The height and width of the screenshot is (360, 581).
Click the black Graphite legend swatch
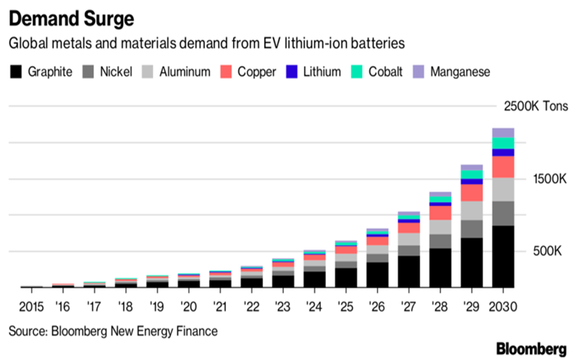16,72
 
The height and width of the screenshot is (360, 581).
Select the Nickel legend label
116,72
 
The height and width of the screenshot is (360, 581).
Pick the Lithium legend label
322,72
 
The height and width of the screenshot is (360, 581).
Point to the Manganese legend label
460,72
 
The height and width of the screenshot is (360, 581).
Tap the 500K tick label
546,251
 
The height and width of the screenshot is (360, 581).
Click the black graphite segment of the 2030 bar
503,257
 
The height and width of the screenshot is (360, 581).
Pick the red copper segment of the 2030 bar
503,167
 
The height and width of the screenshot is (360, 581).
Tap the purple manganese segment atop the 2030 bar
503,133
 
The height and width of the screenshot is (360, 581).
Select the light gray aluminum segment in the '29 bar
471,210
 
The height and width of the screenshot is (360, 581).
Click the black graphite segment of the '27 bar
409,272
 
